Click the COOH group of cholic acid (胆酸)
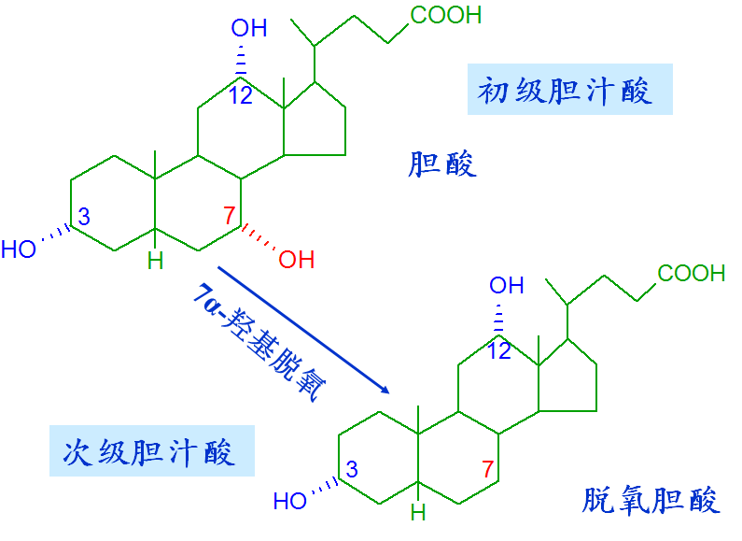(446, 15)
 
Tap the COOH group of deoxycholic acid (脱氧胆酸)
(692, 274)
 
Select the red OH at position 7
(296, 260)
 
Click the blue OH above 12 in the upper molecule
(249, 28)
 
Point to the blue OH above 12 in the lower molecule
(507, 286)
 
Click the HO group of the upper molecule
(19, 249)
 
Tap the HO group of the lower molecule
(290, 501)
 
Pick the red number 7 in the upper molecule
(230, 216)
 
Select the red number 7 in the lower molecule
(488, 469)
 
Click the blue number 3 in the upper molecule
(84, 217)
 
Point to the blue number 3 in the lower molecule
(352, 469)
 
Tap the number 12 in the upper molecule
(241, 95)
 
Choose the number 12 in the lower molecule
(499, 351)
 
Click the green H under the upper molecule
(155, 261)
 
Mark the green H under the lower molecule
(418, 512)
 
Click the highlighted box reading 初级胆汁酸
(570, 90)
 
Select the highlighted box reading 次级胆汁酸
(152, 450)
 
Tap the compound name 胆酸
(442, 164)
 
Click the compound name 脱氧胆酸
(651, 500)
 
